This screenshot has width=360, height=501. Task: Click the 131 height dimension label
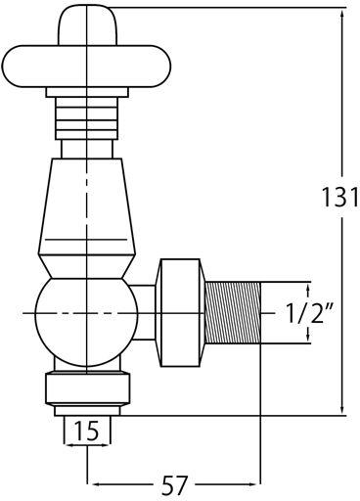click(340, 197)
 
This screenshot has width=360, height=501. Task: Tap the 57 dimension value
click(175, 485)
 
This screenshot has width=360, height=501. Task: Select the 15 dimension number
click(87, 431)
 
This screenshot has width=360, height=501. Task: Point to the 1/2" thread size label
click(306, 312)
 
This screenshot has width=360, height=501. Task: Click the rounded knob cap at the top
click(87, 25)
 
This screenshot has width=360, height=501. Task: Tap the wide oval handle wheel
click(86, 67)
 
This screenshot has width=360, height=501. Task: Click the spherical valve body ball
click(86, 312)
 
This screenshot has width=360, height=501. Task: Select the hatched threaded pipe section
click(233, 312)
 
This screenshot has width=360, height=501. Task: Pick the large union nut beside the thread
click(180, 312)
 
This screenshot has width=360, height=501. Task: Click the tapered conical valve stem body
click(86, 206)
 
